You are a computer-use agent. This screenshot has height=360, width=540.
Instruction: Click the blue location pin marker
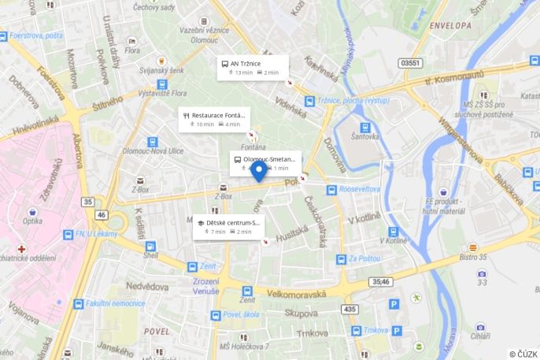click(257, 170)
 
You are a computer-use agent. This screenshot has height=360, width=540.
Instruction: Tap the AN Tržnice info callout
click(252, 67)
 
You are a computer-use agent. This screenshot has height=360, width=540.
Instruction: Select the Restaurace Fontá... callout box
click(213, 119)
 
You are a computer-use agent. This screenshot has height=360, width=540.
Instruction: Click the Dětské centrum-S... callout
click(227, 227)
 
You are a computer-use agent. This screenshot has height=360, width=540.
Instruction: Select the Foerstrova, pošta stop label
click(36, 35)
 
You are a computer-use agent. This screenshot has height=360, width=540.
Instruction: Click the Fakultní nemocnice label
click(114, 303)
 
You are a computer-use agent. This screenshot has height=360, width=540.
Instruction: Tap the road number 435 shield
click(349, 310)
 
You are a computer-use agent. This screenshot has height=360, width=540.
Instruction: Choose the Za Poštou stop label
click(364, 258)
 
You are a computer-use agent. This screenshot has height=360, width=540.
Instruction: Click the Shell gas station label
click(150, 254)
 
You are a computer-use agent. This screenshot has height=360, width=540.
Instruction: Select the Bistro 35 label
click(474, 257)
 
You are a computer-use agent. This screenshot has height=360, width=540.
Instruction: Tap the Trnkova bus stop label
click(377, 331)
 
